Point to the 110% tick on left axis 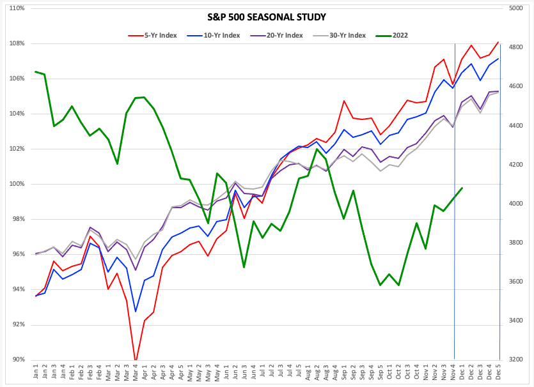[16, 8]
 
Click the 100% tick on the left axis [16, 184]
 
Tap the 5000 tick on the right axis [517, 8]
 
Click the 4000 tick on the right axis [517, 204]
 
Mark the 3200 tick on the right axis [517, 360]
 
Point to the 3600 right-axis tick [517, 282]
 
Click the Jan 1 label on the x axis [36, 372]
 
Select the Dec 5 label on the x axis [498, 372]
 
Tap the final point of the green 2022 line [462, 188]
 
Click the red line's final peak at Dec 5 [498, 42]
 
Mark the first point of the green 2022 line [36, 72]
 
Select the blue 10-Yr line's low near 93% [136, 312]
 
